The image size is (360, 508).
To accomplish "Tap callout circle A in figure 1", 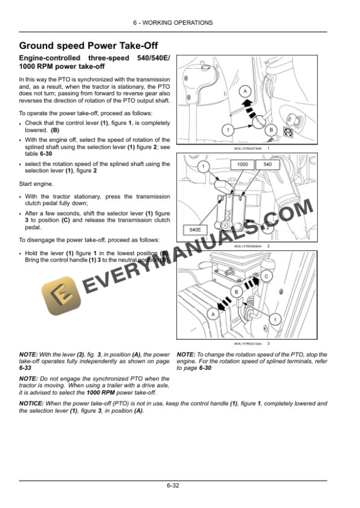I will (246, 91).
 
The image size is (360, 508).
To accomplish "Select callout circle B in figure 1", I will (271, 129).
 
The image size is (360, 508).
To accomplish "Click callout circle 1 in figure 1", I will (226, 129).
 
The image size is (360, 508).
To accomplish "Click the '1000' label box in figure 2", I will (243, 165).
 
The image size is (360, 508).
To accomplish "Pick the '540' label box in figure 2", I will (268, 165).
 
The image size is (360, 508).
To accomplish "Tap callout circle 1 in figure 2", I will (203, 167).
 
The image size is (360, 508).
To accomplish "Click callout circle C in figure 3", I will (266, 275).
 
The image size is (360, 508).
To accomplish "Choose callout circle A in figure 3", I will (213, 315).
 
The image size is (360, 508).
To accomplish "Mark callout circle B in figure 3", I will (237, 292).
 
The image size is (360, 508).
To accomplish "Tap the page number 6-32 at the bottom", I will (172, 486).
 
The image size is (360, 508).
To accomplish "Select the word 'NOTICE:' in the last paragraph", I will (31, 404).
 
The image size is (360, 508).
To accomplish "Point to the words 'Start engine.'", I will (36, 183).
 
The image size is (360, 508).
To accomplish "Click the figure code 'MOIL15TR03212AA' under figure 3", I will (248, 343).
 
